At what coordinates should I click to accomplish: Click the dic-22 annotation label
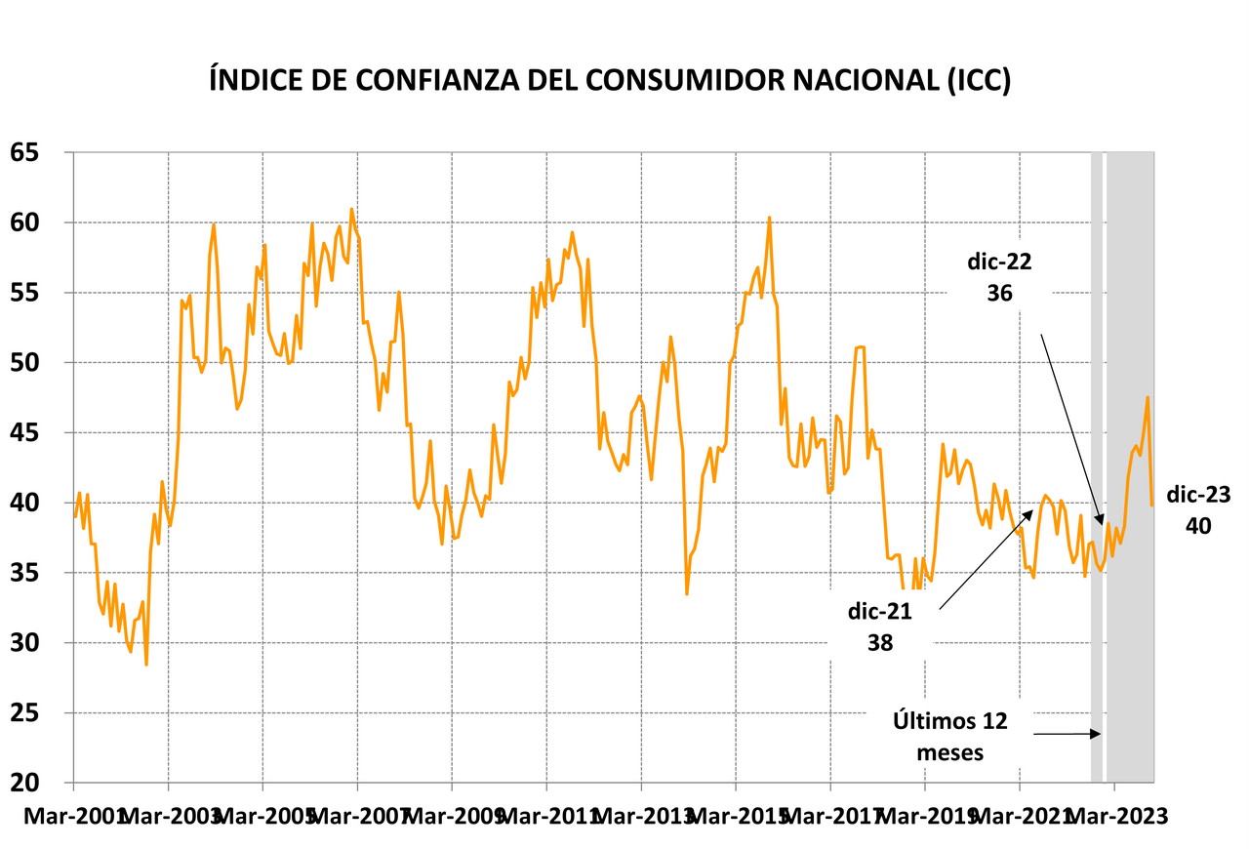[x=998, y=263]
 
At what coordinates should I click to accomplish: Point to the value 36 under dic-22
[x=998, y=293]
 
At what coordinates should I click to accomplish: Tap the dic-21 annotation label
[x=880, y=612]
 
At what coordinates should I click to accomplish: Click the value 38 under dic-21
[x=880, y=642]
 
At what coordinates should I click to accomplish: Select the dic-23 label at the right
[x=1197, y=495]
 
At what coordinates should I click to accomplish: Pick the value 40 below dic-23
[x=1197, y=526]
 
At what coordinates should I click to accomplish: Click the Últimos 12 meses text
[x=949, y=736]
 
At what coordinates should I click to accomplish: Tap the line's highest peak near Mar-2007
[x=352, y=209]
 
